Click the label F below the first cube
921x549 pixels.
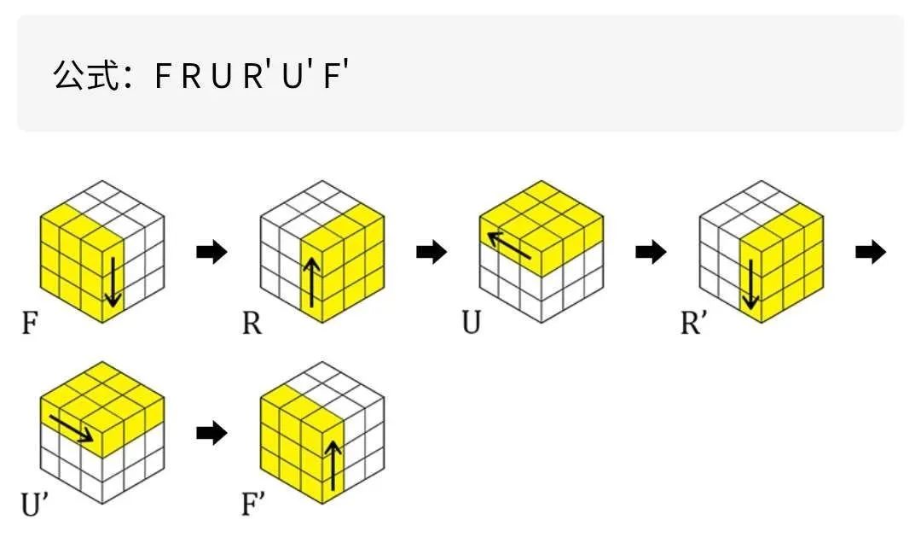pyautogui.click(x=31, y=325)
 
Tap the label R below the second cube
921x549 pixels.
pyautogui.click(x=252, y=325)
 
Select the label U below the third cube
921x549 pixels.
pyautogui.click(x=472, y=325)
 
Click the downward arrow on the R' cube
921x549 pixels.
pyautogui.click(x=750, y=281)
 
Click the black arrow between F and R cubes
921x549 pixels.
pyautogui.click(x=212, y=253)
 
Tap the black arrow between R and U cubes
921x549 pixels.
pyautogui.click(x=432, y=253)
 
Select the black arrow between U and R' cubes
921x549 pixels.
pyautogui.click(x=652, y=253)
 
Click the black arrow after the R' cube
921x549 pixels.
pyautogui.click(x=871, y=253)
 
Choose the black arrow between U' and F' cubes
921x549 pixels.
pyautogui.click(x=212, y=434)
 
